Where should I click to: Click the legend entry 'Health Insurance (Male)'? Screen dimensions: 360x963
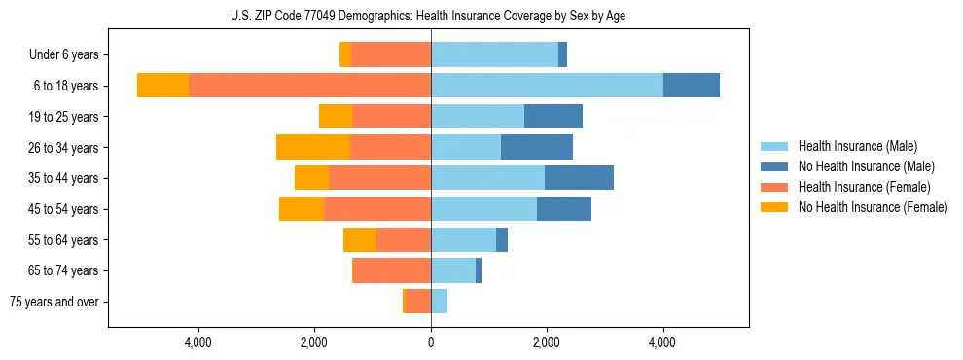(x=857, y=146)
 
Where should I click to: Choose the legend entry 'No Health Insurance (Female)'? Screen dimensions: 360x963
(x=873, y=207)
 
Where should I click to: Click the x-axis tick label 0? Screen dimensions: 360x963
(x=431, y=342)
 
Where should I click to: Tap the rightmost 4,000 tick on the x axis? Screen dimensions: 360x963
(x=662, y=342)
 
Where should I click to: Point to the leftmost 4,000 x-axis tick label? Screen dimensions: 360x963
(x=198, y=342)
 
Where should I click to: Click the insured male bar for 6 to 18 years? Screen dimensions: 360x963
(x=547, y=86)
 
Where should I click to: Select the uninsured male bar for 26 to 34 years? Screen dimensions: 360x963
(x=537, y=147)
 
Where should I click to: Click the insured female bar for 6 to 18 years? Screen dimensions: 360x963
(x=309, y=86)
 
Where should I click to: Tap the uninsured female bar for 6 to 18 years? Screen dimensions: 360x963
(x=162, y=86)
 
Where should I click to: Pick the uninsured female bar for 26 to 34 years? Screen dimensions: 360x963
(x=312, y=147)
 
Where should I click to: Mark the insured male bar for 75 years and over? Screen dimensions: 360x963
(x=439, y=302)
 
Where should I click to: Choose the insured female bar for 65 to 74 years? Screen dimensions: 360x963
(x=391, y=270)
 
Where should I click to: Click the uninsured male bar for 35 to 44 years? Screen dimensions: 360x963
(x=579, y=178)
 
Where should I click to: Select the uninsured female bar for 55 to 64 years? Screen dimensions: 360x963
(x=360, y=239)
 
